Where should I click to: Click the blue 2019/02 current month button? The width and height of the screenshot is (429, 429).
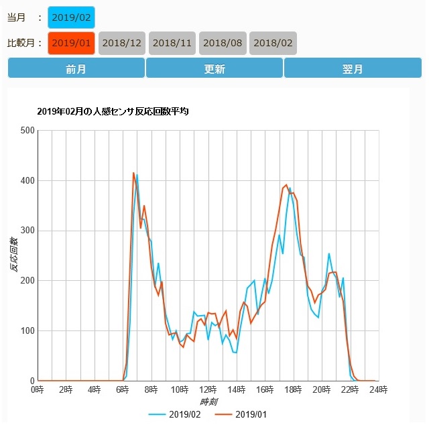point(72,17)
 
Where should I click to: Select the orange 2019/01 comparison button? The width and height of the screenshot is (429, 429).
point(72,43)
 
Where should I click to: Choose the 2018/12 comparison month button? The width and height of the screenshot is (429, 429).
point(122,43)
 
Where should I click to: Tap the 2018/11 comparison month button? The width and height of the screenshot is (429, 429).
point(172,43)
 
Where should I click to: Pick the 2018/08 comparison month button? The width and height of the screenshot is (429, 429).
point(223,43)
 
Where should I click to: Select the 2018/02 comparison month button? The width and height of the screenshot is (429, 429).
point(273,43)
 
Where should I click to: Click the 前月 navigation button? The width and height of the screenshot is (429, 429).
point(76,68)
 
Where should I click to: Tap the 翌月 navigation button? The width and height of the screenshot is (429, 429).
point(353,68)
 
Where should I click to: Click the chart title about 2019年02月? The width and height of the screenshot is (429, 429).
point(113,111)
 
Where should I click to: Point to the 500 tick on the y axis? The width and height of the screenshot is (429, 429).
point(27,130)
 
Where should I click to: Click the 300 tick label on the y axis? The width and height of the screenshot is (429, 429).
point(27,231)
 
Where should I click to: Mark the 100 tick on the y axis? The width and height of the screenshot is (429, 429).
point(27,331)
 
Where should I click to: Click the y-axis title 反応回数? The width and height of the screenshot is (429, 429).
point(14,255)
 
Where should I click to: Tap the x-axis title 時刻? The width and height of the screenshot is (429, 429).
point(208,402)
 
